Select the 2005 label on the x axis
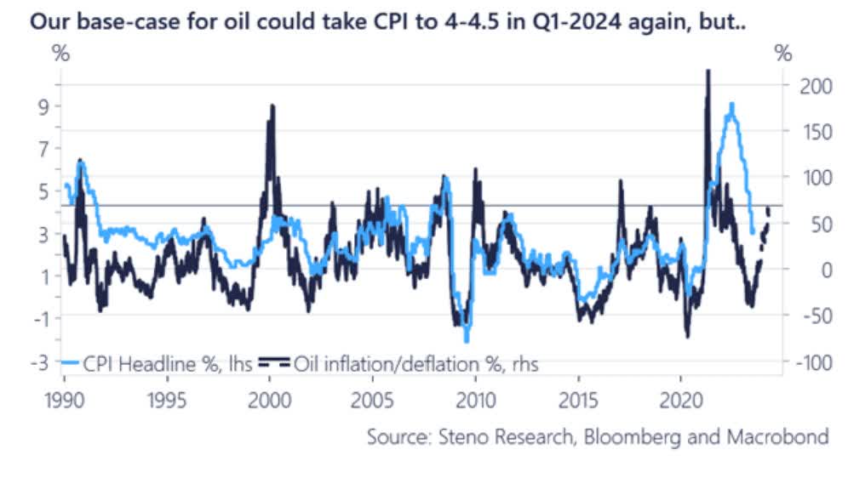[x=372, y=400]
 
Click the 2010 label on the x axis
[x=475, y=400]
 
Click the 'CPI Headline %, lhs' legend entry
[x=154, y=364]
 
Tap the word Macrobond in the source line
[x=776, y=437]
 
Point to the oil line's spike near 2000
[x=272, y=106]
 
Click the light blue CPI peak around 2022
[x=731, y=105]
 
